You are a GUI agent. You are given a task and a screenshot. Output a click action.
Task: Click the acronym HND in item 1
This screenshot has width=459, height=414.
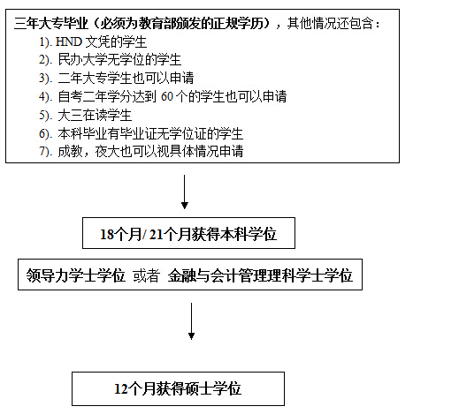(x=69, y=41)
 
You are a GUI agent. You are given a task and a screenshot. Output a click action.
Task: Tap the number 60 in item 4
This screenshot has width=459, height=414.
(x=167, y=96)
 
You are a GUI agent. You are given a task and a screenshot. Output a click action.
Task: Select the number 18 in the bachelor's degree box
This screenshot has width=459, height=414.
(x=107, y=235)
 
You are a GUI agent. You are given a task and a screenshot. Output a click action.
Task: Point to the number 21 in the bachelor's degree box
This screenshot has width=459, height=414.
(x=157, y=235)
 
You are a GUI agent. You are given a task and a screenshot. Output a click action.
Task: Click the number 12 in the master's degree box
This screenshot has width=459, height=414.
(x=121, y=389)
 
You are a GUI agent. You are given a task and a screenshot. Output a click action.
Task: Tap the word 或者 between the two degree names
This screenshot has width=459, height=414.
(x=147, y=275)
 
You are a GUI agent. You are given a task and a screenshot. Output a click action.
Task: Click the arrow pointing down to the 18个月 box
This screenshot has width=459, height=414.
(x=185, y=192)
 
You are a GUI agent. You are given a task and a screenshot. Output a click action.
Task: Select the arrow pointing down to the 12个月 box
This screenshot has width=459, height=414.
(x=191, y=321)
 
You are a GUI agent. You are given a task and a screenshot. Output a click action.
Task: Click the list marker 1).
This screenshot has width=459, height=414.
(x=46, y=42)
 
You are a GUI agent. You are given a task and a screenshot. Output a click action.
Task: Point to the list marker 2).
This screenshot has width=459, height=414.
(x=46, y=60)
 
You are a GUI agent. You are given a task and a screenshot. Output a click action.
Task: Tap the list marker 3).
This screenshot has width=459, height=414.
(x=46, y=79)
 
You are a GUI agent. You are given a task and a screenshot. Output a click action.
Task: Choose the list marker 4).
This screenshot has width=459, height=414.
(x=46, y=97)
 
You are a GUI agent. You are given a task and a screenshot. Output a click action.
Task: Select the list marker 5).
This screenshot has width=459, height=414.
(x=46, y=115)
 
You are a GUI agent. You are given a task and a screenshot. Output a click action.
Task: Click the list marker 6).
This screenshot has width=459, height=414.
(x=46, y=133)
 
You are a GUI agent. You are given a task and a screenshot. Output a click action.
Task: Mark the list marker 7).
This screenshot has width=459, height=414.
(x=46, y=151)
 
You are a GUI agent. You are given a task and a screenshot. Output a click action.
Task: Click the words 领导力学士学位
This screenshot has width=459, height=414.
(x=76, y=275)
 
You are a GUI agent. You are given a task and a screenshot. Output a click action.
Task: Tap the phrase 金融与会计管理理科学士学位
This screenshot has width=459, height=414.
(x=260, y=275)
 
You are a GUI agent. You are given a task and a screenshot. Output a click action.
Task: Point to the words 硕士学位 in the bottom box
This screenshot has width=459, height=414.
(x=212, y=388)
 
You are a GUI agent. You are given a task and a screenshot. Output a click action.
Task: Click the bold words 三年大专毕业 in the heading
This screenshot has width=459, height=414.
(x=51, y=23)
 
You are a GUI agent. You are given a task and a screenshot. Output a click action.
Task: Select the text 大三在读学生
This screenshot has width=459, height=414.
(x=95, y=115)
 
